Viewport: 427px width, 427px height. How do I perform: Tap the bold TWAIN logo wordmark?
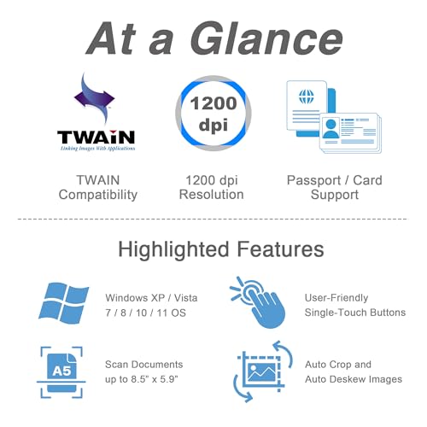[x=96, y=137]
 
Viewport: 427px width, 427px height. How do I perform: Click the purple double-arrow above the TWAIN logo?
[x=94, y=97]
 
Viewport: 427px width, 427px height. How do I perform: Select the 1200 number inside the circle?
[x=213, y=103]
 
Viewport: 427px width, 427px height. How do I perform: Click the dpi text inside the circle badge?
[x=213, y=125]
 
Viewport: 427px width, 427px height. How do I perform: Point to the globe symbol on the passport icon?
[x=307, y=97]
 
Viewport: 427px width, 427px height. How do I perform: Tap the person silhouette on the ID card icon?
[x=330, y=129]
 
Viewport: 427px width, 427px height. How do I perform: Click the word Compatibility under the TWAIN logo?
[x=98, y=195]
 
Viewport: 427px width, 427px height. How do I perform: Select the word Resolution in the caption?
[x=212, y=195]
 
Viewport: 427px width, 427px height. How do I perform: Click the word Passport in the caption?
[x=313, y=180]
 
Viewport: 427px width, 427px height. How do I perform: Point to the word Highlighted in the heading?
[x=173, y=249]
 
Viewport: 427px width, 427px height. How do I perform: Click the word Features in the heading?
[x=280, y=249]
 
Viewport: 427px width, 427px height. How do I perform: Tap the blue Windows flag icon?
[x=64, y=303]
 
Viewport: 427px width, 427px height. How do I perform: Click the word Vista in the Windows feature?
[x=185, y=298]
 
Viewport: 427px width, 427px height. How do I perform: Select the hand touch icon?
[x=258, y=302]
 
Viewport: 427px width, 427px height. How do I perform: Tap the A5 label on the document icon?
[x=61, y=371]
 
